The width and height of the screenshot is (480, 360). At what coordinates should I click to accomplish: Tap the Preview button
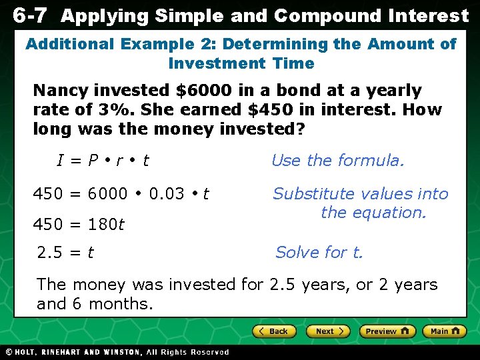coord(387,331)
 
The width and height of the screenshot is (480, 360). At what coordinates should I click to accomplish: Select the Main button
coord(444,331)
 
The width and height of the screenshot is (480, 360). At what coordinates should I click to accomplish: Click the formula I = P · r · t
coord(103,161)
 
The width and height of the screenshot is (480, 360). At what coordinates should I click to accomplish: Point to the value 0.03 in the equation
coord(167,194)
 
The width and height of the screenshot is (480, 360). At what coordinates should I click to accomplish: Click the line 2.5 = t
coord(65,253)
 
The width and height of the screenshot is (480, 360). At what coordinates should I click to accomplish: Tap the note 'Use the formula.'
coord(337,161)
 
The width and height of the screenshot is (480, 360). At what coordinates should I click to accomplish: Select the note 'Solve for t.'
coord(319,253)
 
